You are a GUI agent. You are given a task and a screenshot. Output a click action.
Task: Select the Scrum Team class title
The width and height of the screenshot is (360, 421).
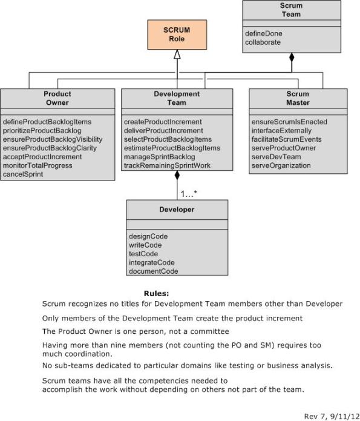point(291,10)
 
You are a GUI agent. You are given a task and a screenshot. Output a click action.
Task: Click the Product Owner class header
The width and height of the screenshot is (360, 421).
point(57,98)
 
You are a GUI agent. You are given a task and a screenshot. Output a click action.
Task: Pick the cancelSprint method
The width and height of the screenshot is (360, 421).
point(23,174)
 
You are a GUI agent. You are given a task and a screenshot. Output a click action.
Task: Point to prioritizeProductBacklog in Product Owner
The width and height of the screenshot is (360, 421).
point(42,130)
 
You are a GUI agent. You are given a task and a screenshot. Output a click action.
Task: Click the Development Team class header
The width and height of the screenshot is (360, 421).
point(177,98)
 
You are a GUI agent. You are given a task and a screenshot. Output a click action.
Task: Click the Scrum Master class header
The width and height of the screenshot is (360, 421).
point(298,98)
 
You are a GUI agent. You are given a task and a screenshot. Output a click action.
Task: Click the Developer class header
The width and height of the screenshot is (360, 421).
point(177,210)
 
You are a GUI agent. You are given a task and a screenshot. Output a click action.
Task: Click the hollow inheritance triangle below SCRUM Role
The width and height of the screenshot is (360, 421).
point(177,55)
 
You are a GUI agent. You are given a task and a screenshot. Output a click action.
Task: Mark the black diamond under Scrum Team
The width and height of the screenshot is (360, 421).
point(291,58)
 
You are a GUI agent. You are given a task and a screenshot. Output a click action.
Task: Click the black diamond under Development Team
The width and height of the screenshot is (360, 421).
point(177,176)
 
